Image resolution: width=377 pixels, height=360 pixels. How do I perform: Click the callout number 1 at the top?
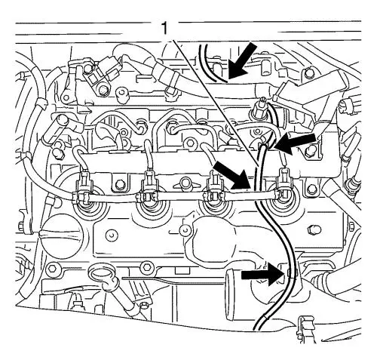pyautogui.click(x=164, y=28)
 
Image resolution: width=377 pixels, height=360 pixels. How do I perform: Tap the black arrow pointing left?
pyautogui.click(x=296, y=143)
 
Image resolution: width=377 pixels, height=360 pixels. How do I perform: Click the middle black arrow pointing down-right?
pyautogui.click(x=231, y=176)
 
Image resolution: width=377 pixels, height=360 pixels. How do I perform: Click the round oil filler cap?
pyautogui.click(x=62, y=237)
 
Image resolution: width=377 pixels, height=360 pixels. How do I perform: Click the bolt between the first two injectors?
pyautogui.click(x=118, y=185)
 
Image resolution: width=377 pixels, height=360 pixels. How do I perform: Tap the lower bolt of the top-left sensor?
pyautogui.click(x=103, y=91)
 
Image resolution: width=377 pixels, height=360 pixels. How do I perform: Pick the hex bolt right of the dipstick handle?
pyautogui.click(x=146, y=267)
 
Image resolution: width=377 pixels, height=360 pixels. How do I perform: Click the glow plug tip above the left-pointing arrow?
pyautogui.click(x=258, y=104)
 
